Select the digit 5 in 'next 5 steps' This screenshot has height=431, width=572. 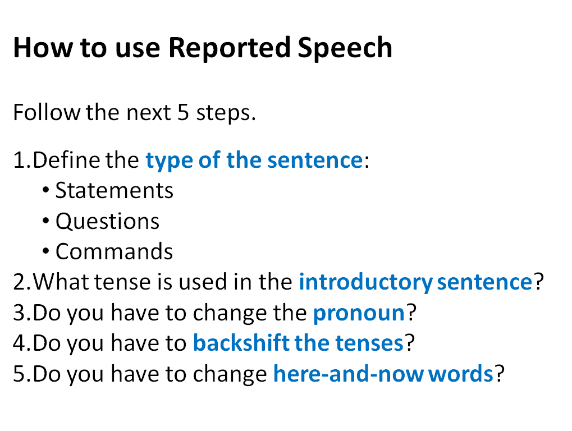tap(183, 112)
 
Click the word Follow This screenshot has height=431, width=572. tap(47, 112)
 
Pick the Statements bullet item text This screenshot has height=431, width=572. tap(114, 190)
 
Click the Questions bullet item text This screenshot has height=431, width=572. tap(107, 221)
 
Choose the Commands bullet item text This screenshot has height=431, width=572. tap(114, 251)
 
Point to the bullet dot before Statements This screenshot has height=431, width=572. tap(45, 190)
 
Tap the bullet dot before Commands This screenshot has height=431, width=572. tap(45, 251)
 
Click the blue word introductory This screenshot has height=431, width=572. tap(366, 282)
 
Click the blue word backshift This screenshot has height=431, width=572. tap(241, 343)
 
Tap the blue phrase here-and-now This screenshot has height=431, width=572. tap(349, 374)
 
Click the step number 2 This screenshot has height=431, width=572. tap(19, 282)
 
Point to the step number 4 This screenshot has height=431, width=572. tap(19, 343)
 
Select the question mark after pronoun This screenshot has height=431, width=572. tap(411, 313)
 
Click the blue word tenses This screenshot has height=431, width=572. tap(369, 343)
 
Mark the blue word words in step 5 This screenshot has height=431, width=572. tap(461, 374)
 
